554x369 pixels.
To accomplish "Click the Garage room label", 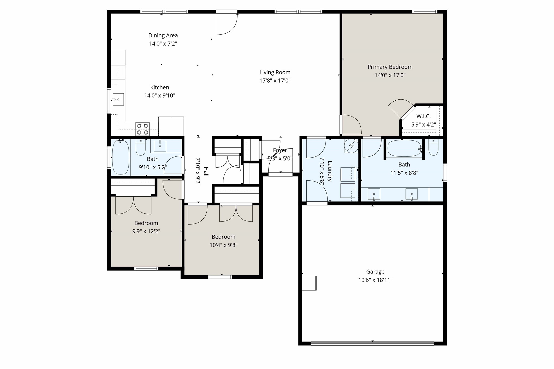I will [375, 272].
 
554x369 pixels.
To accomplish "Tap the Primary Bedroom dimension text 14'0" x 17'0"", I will [390, 75].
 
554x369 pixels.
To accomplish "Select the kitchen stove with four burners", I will [143, 129].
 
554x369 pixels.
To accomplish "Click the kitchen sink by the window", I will [118, 99].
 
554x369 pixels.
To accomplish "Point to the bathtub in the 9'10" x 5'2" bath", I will [121, 157].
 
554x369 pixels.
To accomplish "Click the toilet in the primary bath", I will [433, 148].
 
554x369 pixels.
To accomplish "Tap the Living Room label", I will [275, 72].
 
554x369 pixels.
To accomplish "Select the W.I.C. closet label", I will [423, 116].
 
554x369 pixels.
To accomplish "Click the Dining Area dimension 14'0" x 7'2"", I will [163, 44].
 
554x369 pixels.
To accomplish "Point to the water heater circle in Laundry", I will [351, 146].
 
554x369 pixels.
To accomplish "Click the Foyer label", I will [280, 150].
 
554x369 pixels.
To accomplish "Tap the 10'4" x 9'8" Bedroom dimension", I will [223, 245].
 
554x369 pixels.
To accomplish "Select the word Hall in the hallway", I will [206, 172].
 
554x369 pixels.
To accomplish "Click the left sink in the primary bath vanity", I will [374, 194].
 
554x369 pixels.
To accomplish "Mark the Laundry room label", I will [330, 171].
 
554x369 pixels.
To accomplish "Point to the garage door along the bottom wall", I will [372, 343].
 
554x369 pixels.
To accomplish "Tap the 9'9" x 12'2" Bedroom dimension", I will [146, 231].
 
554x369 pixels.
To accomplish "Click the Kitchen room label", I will [159, 87].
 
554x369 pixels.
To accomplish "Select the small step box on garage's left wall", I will [309, 283].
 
